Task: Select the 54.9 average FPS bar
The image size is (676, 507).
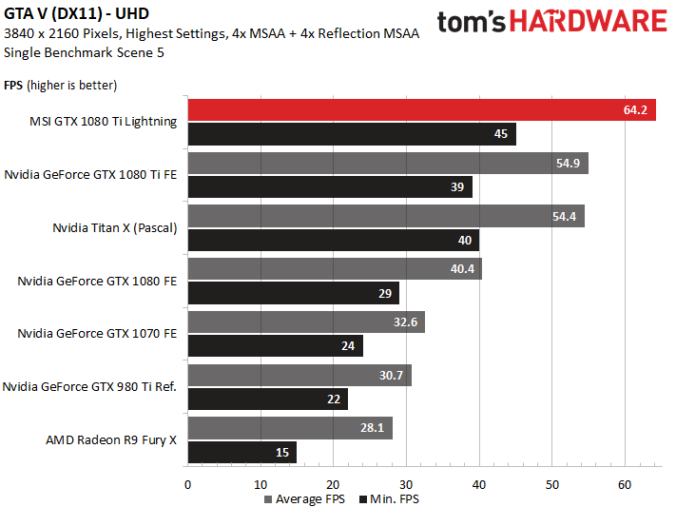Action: (x=388, y=163)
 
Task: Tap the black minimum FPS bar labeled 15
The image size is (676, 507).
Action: (x=242, y=453)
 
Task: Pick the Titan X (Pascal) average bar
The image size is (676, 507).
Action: (x=386, y=216)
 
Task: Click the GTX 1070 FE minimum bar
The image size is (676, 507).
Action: (x=276, y=346)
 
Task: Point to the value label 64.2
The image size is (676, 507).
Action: (x=635, y=110)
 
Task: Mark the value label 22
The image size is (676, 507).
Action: (x=333, y=400)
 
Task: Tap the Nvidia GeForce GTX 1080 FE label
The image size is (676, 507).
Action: (x=97, y=281)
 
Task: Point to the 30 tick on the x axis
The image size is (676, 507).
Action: (x=406, y=484)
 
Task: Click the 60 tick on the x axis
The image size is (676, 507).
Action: (x=625, y=484)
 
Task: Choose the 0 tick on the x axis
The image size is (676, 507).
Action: (x=188, y=484)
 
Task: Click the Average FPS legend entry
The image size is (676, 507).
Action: (x=303, y=498)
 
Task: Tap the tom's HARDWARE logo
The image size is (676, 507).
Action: (x=551, y=23)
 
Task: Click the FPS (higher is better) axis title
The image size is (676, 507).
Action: (x=60, y=85)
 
